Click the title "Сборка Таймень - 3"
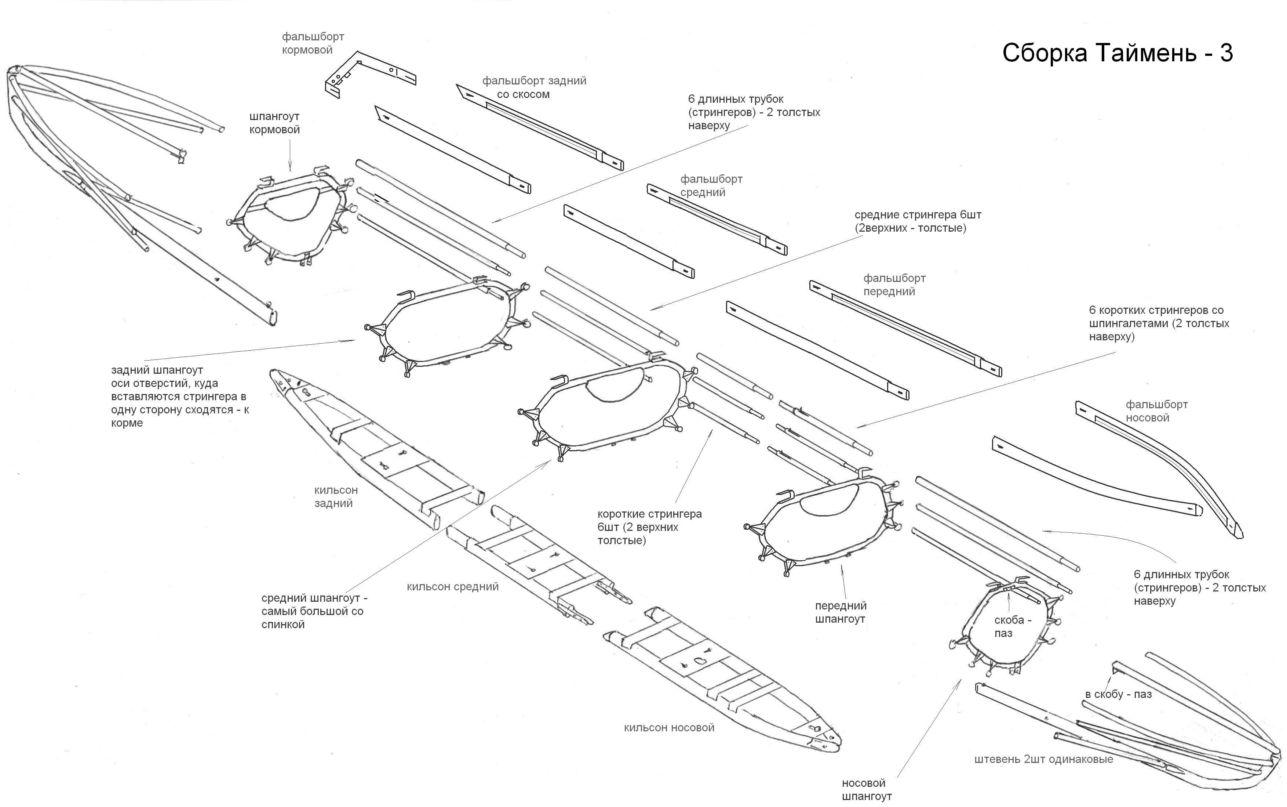(1118, 53)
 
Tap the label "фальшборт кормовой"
(313, 43)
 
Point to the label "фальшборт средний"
(711, 186)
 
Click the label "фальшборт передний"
(894, 285)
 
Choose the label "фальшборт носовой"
(1156, 411)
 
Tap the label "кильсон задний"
(335, 496)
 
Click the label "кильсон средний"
(452, 587)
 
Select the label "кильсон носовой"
(669, 727)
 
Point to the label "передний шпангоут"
(841, 612)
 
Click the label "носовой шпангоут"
(866, 790)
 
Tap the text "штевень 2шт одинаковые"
(1043, 759)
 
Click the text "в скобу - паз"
(1118, 694)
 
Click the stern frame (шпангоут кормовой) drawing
(291, 216)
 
